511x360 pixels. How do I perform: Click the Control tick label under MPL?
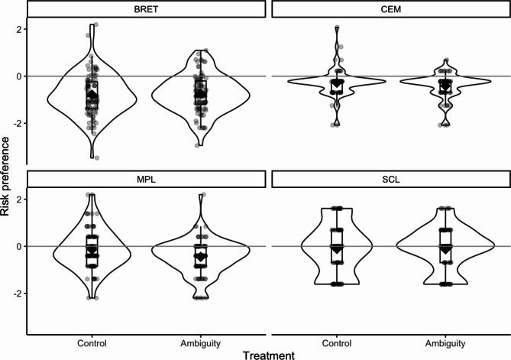[x=92, y=340]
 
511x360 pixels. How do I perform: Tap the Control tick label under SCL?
[x=337, y=340]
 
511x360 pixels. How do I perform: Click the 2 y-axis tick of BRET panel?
[x=21, y=29]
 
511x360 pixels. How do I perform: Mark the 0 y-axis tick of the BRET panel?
[x=21, y=76]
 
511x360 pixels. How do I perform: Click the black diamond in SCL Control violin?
[x=337, y=246]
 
